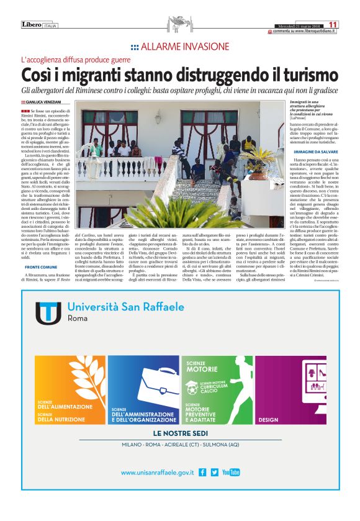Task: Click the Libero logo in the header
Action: tap(32, 24)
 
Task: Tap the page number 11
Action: tap(334, 24)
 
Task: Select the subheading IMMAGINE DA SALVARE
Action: tap(299, 152)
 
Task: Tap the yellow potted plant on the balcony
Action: tap(259, 156)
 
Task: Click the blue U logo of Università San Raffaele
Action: tap(47, 313)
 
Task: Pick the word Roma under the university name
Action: tap(77, 318)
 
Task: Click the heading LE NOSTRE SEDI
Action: tap(180, 433)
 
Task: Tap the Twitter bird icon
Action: tap(215, 473)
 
